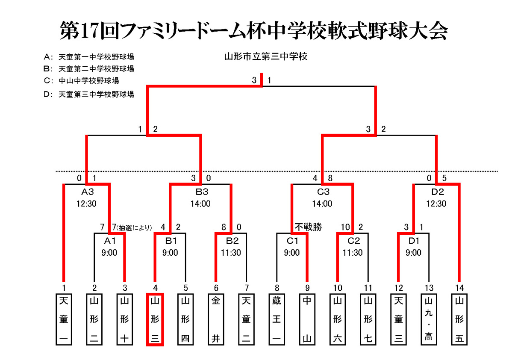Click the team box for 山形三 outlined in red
point(155,319)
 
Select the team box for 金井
point(216,319)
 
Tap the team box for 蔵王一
point(277,319)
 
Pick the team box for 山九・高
point(429,319)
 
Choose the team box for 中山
point(307,319)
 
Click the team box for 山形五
point(459,319)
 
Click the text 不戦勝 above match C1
point(307,227)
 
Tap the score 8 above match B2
point(224,227)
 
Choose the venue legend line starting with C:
point(81,80)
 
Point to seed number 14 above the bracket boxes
point(459,288)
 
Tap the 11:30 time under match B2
point(231,253)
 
